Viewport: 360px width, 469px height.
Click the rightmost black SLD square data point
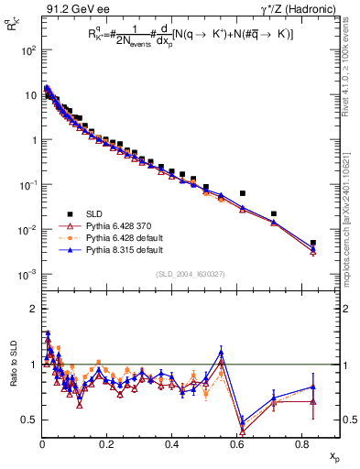coord(313,243)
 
